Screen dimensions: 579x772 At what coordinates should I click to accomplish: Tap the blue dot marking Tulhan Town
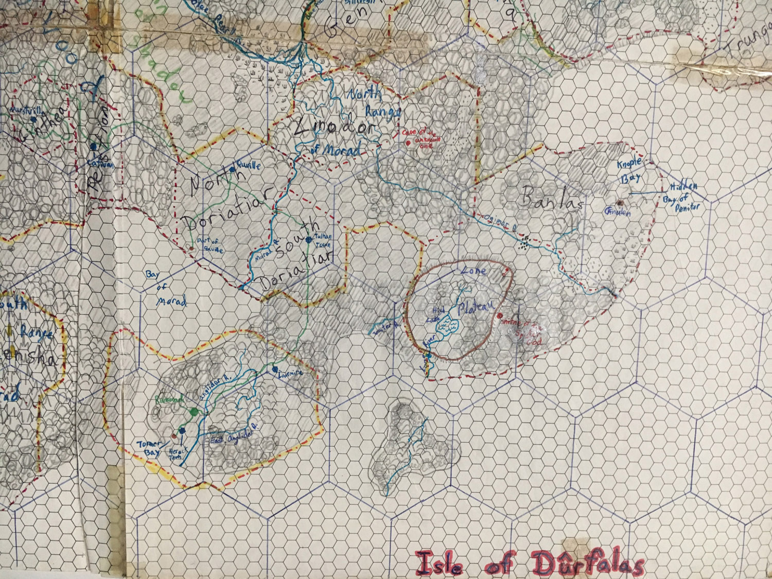click(309, 240)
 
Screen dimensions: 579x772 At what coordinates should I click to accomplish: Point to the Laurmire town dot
click(275, 369)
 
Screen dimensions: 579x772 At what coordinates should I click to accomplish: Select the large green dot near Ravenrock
click(194, 411)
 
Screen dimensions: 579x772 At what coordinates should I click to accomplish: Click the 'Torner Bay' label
click(149, 448)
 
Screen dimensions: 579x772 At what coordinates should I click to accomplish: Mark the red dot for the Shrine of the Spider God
click(500, 315)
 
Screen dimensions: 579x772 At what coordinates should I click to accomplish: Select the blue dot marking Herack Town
click(182, 431)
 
